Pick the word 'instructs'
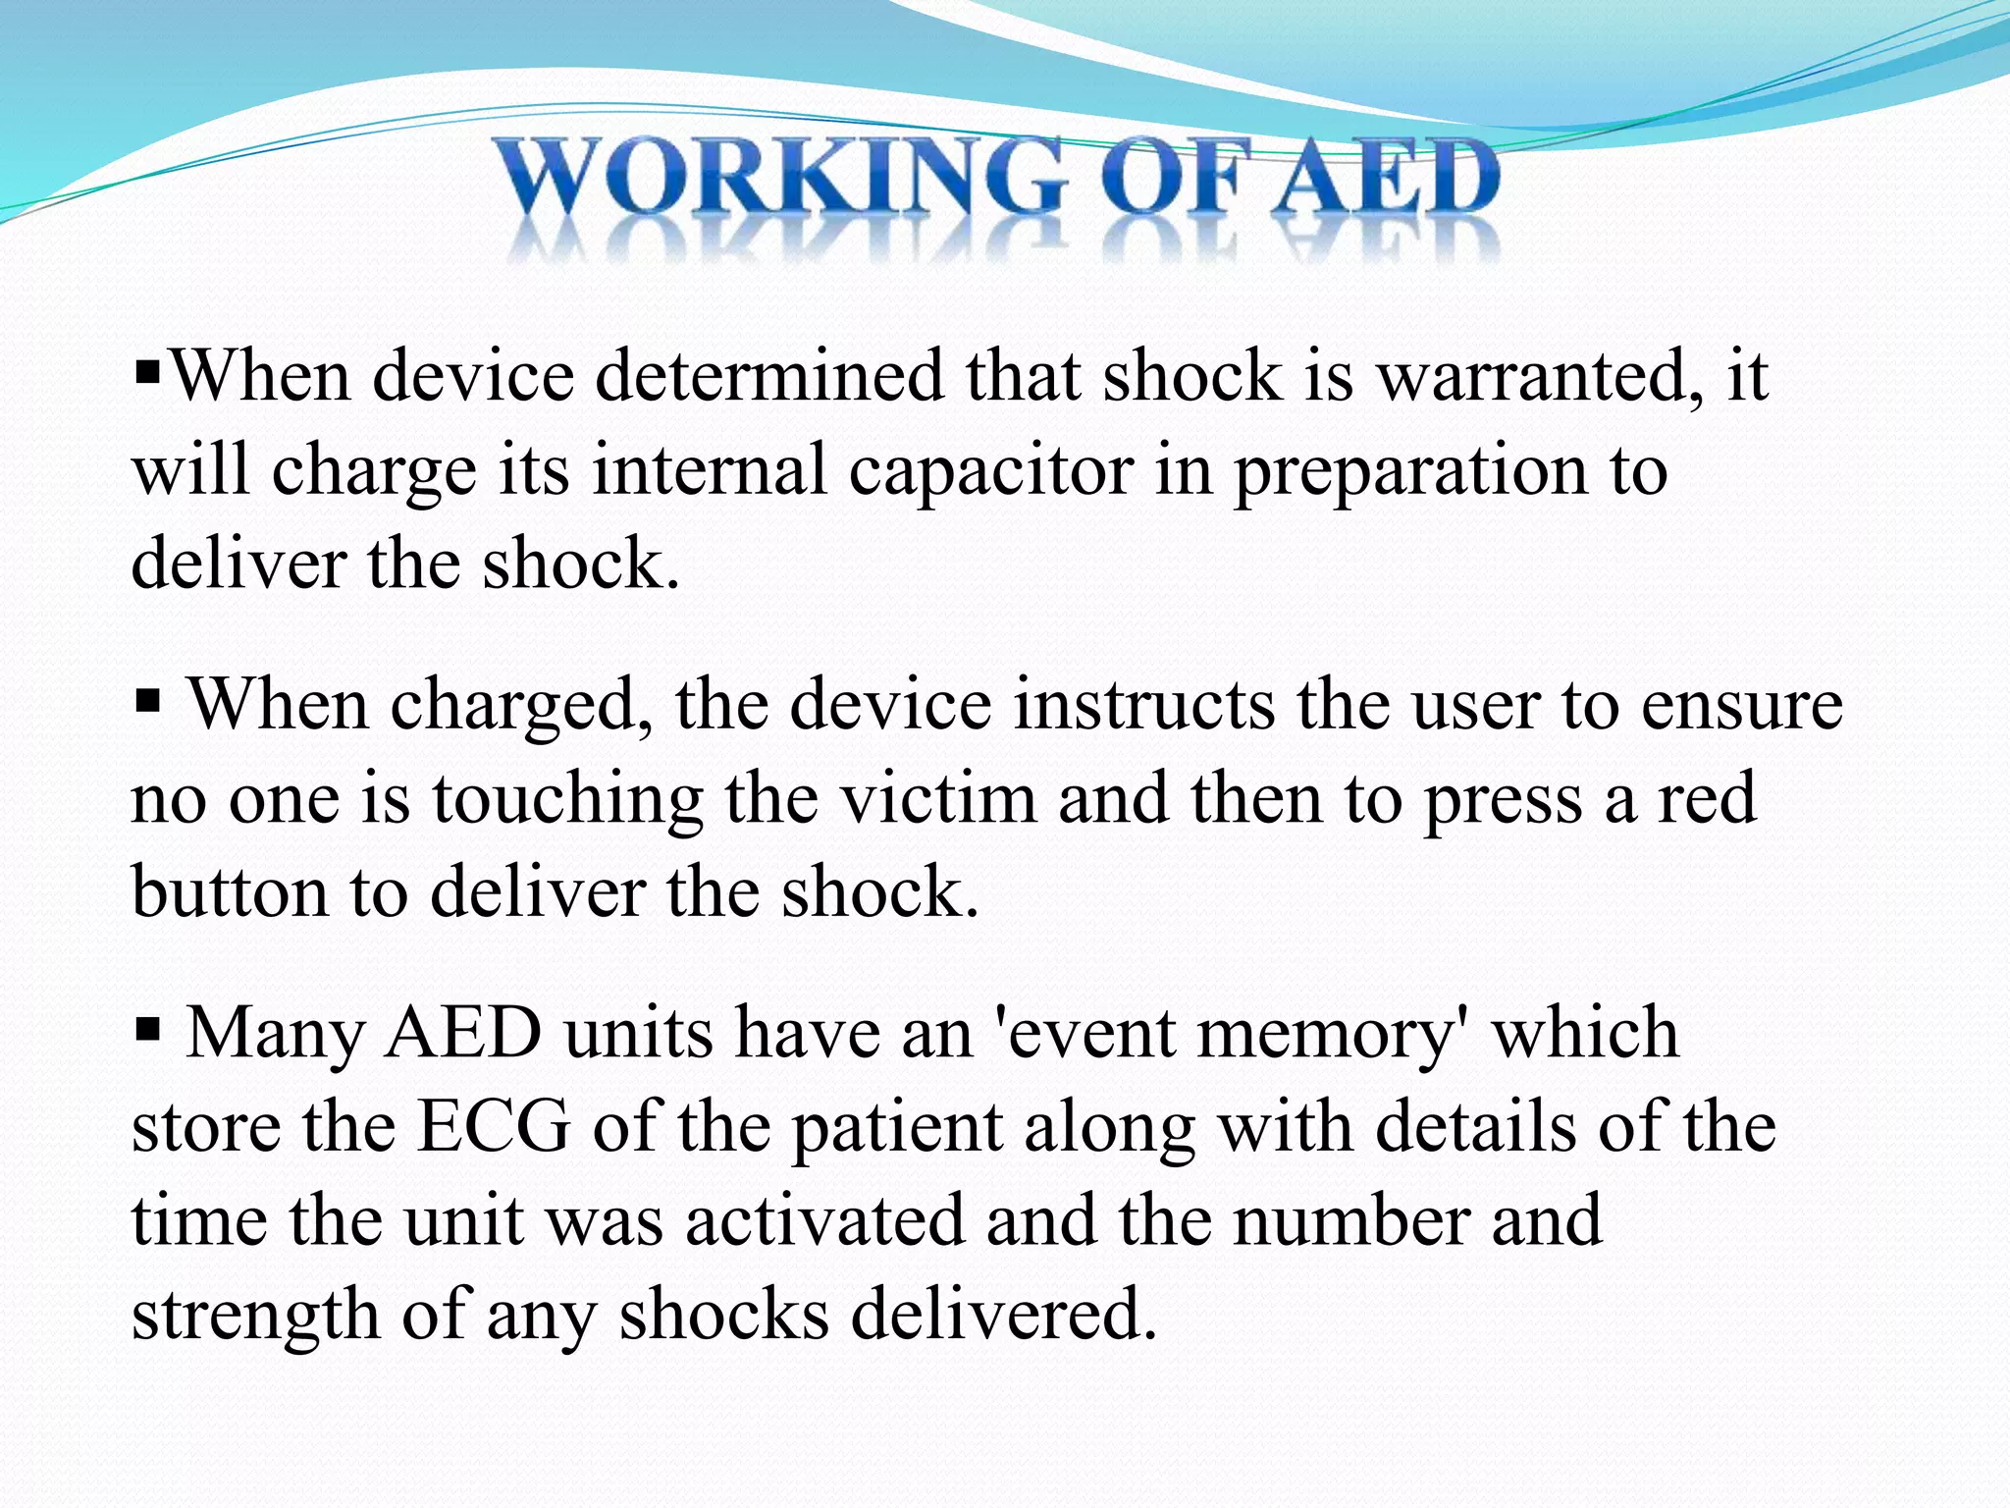(1143, 705)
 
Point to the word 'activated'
(824, 1221)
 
